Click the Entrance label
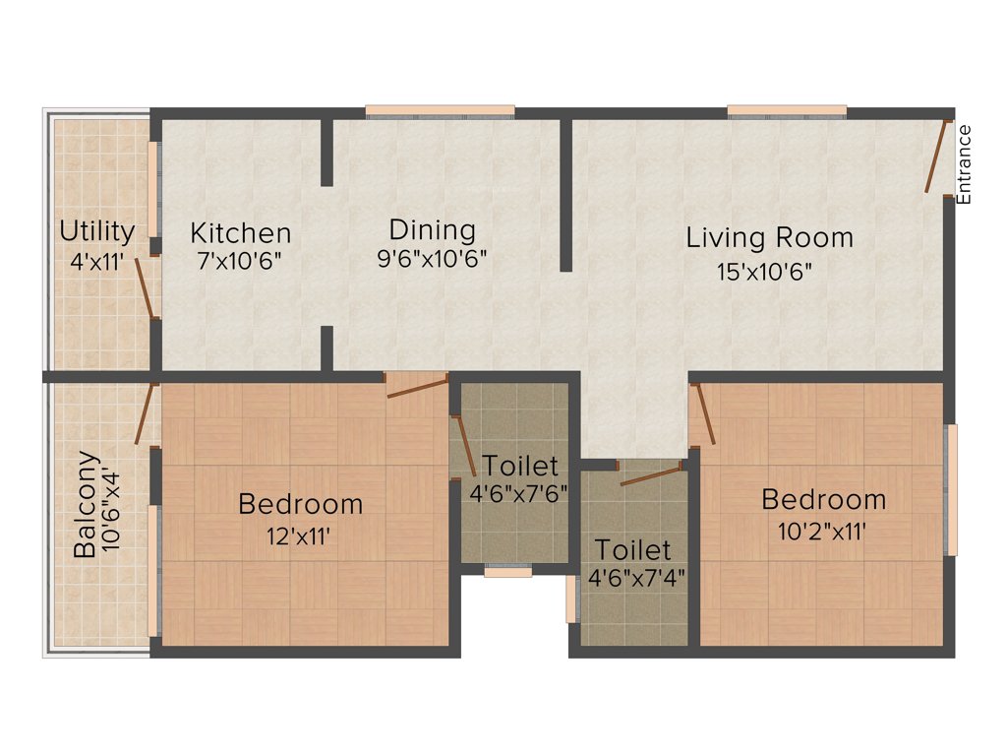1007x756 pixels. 964,164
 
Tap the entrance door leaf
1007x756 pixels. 937,157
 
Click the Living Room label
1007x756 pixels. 769,237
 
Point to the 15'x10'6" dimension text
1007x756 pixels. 770,270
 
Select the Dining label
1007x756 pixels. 432,230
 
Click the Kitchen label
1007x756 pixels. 240,233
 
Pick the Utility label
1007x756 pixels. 97,231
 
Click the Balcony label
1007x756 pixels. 87,505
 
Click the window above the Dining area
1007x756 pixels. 440,111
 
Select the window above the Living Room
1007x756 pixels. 787,110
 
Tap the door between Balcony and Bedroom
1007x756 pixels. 145,414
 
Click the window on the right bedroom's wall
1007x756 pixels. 950,489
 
